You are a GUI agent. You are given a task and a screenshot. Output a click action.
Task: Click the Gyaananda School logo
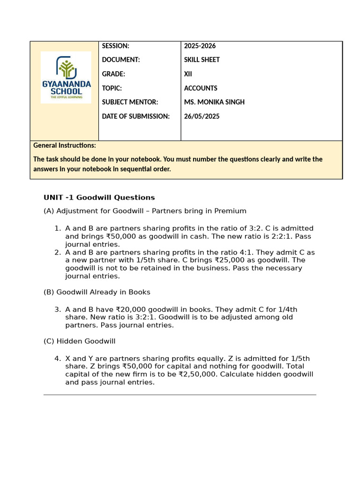pos(66,77)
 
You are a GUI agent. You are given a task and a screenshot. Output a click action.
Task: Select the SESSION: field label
pos(115,46)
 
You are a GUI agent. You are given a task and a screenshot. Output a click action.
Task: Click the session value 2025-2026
pos(200,46)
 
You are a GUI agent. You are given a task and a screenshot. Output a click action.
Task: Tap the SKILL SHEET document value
pos(202,60)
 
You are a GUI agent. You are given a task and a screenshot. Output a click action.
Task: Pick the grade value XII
pos(188,74)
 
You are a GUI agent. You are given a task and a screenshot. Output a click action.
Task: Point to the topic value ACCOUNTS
pos(201,88)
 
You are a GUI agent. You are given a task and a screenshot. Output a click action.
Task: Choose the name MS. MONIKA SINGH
pos(214,102)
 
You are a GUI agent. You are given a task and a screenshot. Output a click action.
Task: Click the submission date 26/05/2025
pos(202,116)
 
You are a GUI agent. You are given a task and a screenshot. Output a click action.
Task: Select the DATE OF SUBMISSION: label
pos(135,116)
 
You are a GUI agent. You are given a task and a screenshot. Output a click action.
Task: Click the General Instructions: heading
pos(65,145)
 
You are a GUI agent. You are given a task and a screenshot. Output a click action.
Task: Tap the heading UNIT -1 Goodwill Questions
pos(99,197)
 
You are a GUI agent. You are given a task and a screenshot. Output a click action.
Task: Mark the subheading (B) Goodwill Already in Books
pos(97,292)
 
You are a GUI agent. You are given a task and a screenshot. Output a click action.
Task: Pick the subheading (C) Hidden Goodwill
pos(79,341)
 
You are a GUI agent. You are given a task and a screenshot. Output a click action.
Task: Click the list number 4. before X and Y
pos(57,359)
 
